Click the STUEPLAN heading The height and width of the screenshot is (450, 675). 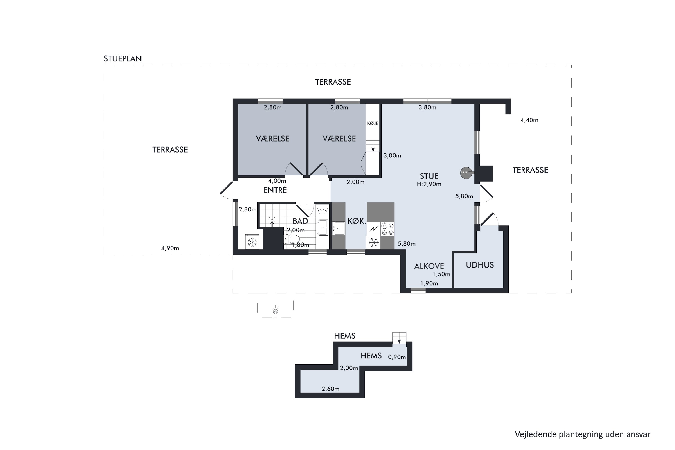pyautogui.click(x=123, y=58)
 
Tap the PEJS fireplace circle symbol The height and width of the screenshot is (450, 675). pyautogui.click(x=466, y=173)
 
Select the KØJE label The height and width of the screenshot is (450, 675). pyautogui.click(x=373, y=123)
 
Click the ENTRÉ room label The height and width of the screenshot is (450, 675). pyautogui.click(x=275, y=190)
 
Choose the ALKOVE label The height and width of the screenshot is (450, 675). pyautogui.click(x=429, y=266)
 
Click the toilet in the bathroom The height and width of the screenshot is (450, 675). pyautogui.click(x=292, y=239)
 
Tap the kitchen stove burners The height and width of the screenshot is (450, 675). pyautogui.click(x=387, y=229)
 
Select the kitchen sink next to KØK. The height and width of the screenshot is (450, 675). pyautogui.click(x=339, y=228)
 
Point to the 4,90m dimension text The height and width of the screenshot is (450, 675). pyautogui.click(x=170, y=248)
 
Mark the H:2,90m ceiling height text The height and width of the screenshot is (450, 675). pyautogui.click(x=429, y=184)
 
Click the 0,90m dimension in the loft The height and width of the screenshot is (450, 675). pyautogui.click(x=397, y=357)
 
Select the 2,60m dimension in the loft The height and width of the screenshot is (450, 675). pyautogui.click(x=330, y=389)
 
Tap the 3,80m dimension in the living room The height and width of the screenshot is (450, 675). pyautogui.click(x=427, y=107)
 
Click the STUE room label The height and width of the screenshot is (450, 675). pyautogui.click(x=429, y=176)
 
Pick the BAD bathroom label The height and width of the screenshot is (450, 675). pyautogui.click(x=300, y=221)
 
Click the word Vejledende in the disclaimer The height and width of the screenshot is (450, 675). pyautogui.click(x=535, y=434)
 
